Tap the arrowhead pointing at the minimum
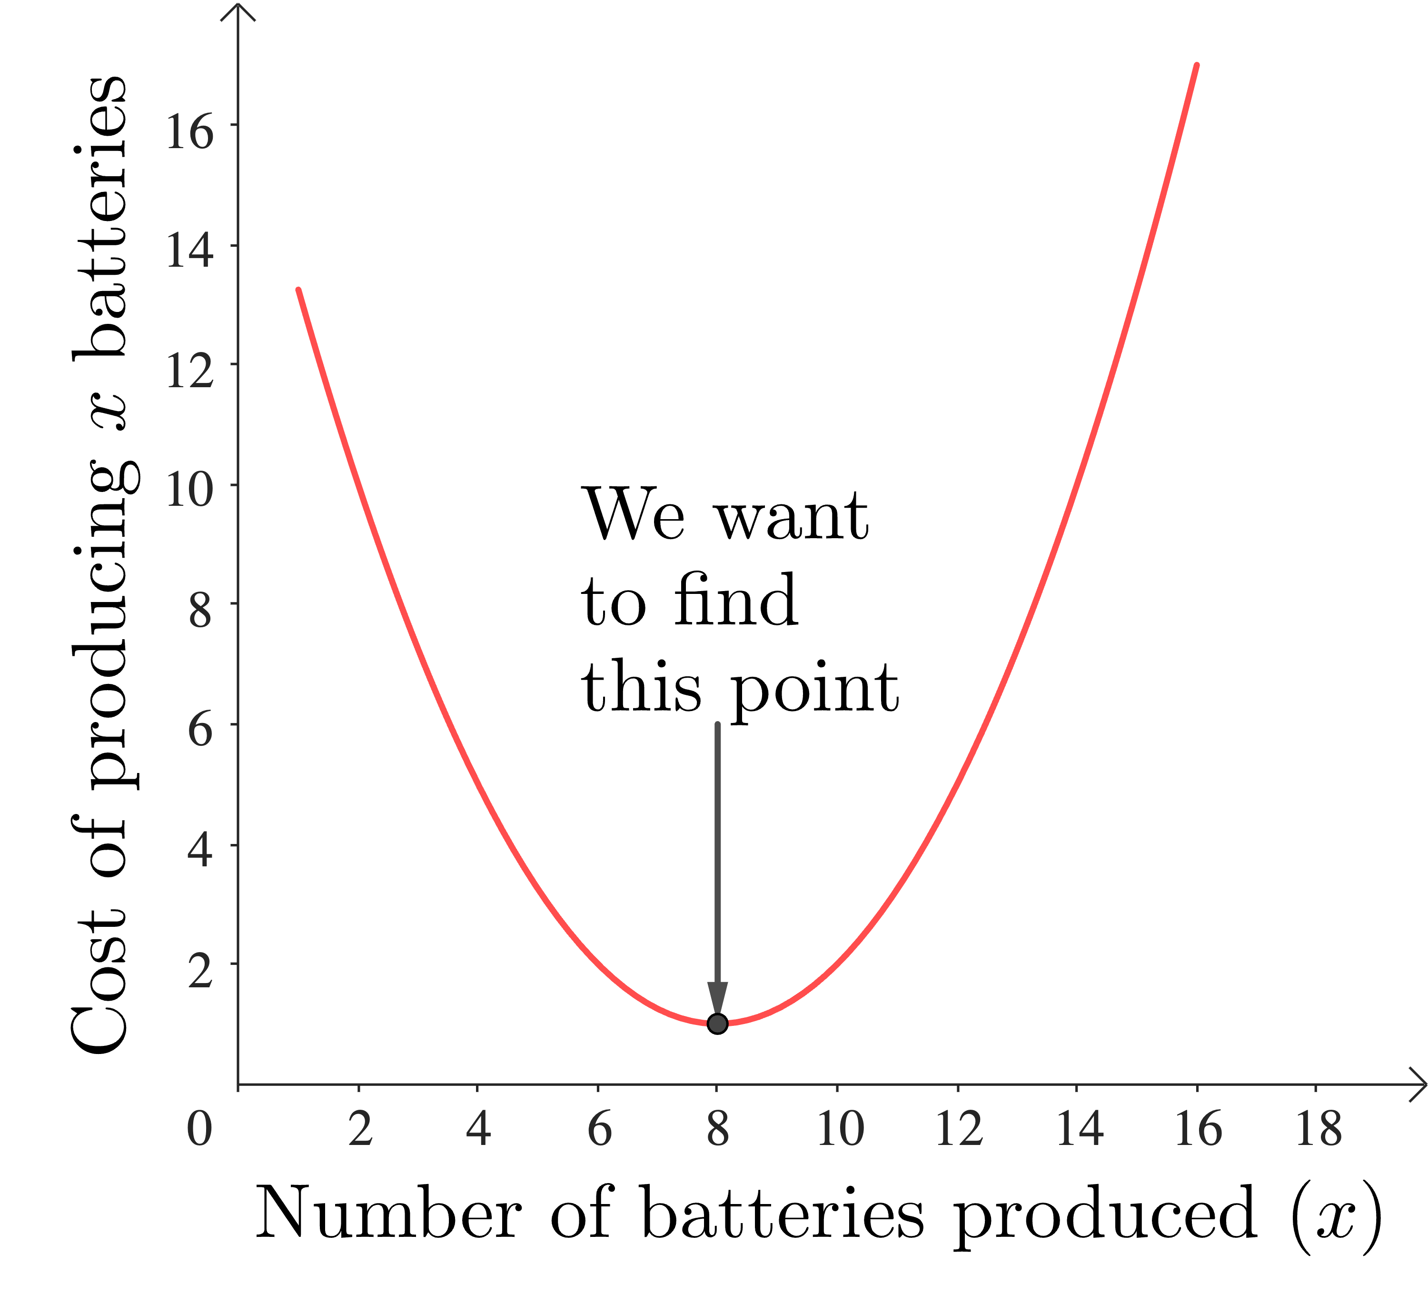717,998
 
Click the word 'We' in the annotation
634,514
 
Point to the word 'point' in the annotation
815,688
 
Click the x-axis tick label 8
717,1129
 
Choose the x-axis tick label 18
1318,1129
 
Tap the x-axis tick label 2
360,1129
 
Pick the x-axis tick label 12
958,1129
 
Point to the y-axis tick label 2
200,971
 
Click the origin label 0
199,1129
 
